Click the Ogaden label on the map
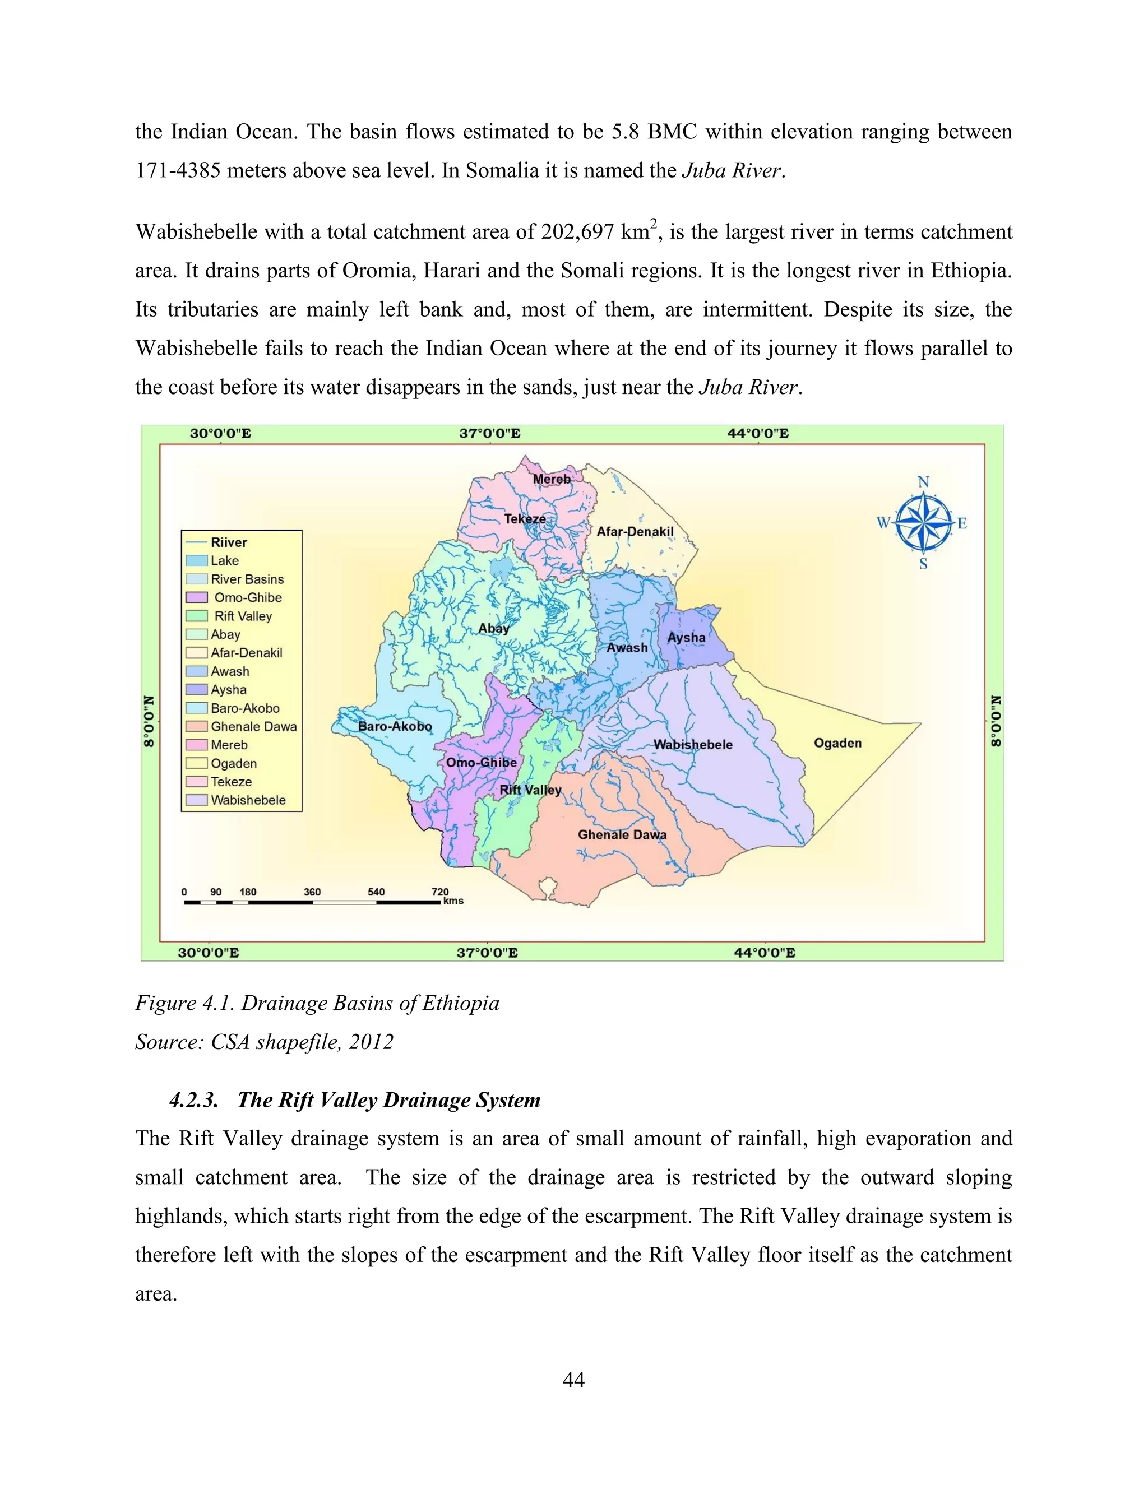click(x=837, y=743)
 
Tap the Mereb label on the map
click(x=552, y=479)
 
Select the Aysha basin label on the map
click(x=686, y=638)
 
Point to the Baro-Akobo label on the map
click(x=395, y=726)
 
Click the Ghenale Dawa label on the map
click(x=622, y=834)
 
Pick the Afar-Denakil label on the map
click(x=635, y=532)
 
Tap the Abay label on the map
click(x=493, y=628)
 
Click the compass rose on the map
click(x=923, y=523)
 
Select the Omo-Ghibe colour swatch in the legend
click(x=197, y=598)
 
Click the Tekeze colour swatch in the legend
click(x=197, y=782)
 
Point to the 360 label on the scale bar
click(x=312, y=892)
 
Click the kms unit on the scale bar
click(x=453, y=901)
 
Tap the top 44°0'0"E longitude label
click(x=758, y=434)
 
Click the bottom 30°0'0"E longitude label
click(x=208, y=953)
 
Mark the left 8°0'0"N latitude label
click(x=149, y=721)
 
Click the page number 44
click(x=573, y=1380)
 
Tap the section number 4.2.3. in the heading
click(x=194, y=1100)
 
